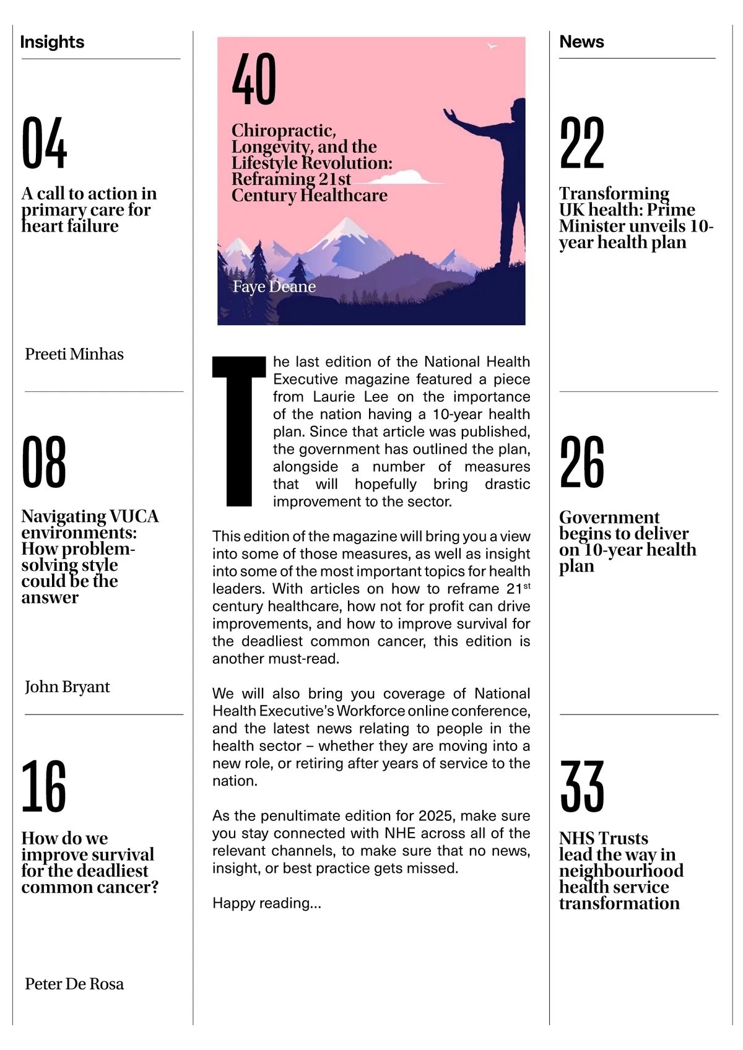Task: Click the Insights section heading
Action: coord(52,42)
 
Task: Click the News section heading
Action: coord(581,41)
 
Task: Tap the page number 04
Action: coord(44,143)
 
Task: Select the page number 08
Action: coord(44,462)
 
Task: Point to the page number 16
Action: coord(43,786)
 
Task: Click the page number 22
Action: coord(581,143)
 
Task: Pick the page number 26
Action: coord(581,462)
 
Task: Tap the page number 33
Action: coord(581,786)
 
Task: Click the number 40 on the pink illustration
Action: coord(254,79)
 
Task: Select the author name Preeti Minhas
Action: coord(74,354)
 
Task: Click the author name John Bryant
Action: coord(67,687)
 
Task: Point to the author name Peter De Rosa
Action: coord(74,984)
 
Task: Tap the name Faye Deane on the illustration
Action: coord(274,287)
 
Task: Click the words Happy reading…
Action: coord(267,903)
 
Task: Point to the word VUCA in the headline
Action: coord(134,516)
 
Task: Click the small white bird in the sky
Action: coord(492,46)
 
